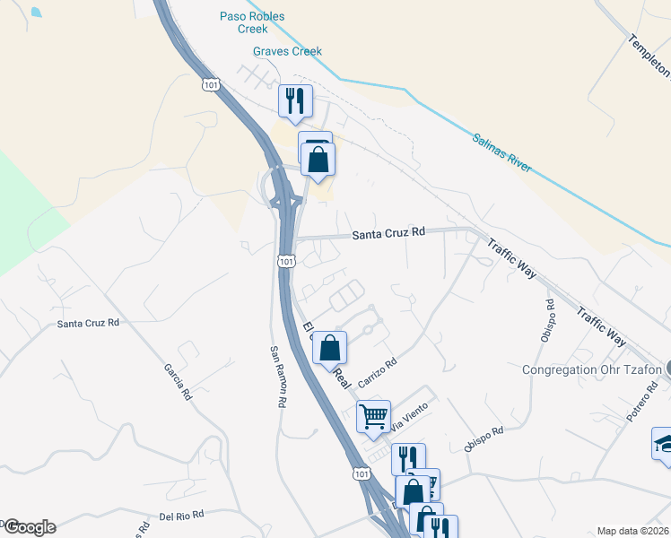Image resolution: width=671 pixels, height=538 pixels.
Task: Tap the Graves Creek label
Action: pyautogui.click(x=287, y=52)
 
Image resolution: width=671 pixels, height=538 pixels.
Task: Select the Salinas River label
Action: pyautogui.click(x=501, y=153)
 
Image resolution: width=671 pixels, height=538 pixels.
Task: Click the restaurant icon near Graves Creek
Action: pyautogui.click(x=294, y=100)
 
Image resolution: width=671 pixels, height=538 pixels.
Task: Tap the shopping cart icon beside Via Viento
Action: pyautogui.click(x=373, y=416)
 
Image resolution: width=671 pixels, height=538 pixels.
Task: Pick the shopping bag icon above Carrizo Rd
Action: pyautogui.click(x=330, y=347)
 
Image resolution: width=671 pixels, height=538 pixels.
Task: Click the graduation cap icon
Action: pyautogui.click(x=664, y=444)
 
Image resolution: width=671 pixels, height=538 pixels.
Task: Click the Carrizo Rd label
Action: pyautogui.click(x=378, y=370)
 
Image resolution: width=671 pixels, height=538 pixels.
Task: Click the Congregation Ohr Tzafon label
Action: pyautogui.click(x=592, y=369)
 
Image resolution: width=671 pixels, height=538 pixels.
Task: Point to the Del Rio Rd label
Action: pyautogui.click(x=182, y=516)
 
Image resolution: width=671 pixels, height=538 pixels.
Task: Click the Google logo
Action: pyautogui.click(x=30, y=527)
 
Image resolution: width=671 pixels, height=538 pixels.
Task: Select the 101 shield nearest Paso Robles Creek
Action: pyautogui.click(x=211, y=84)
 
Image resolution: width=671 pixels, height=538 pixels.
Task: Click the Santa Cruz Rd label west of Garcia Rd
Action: pyautogui.click(x=88, y=323)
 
